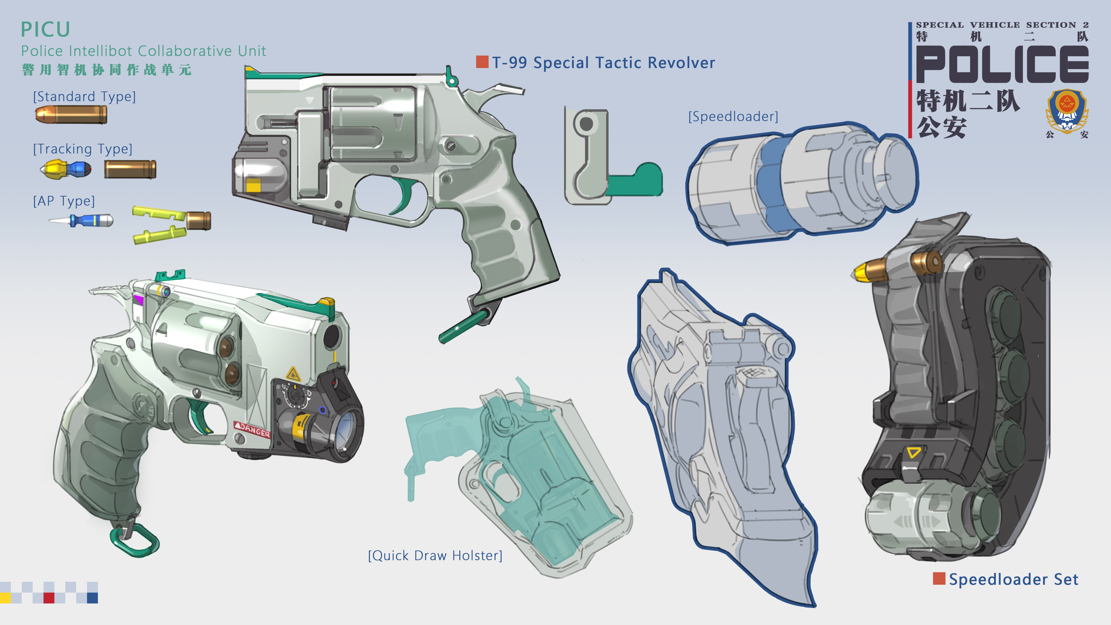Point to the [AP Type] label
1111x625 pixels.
(x=64, y=201)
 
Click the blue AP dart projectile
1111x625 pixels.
(x=82, y=220)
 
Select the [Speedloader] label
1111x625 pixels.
(x=733, y=116)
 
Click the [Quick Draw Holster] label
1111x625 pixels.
(x=435, y=556)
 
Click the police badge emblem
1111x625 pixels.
(x=1067, y=110)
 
